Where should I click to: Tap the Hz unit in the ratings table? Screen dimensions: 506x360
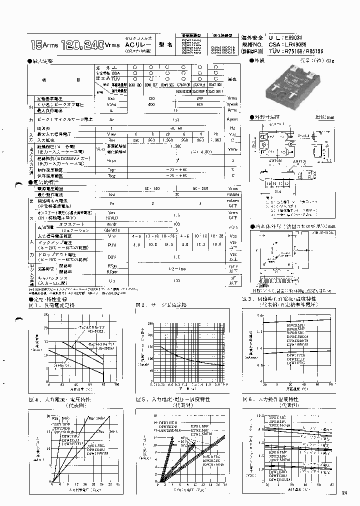[231, 128]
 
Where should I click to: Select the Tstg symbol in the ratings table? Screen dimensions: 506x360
[111, 176]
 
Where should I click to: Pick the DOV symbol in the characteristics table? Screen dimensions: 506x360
[111, 256]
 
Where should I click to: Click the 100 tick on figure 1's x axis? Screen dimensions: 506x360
[117, 385]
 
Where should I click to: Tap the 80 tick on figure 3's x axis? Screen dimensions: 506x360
[331, 384]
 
